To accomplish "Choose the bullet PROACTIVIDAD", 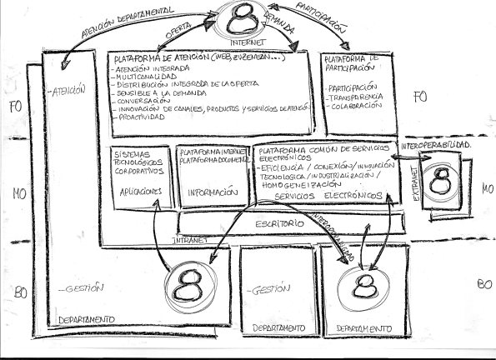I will (x=138, y=117).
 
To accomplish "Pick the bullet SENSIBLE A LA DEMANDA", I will (x=155, y=92).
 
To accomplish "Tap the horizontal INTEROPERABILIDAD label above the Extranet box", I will (x=437, y=146).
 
